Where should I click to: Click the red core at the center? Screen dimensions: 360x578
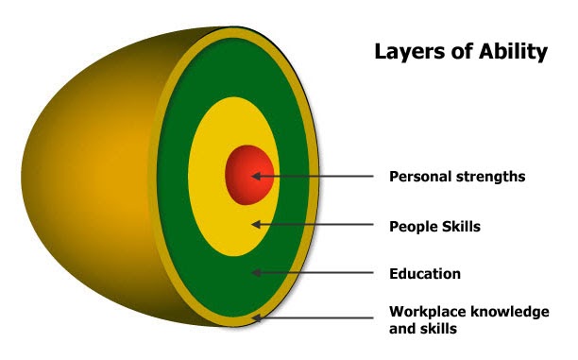[x=247, y=175]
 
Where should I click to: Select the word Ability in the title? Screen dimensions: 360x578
[x=516, y=53]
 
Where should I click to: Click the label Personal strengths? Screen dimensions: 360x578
[x=457, y=176]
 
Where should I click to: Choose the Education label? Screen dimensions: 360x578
[x=425, y=274]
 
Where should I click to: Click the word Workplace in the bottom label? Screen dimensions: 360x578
[x=427, y=312]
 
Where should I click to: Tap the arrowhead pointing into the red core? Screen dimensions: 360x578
[x=256, y=177]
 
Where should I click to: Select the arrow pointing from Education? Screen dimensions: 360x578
[x=316, y=273]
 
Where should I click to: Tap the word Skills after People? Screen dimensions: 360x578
[x=463, y=226]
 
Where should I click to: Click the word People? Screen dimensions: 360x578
[x=413, y=226]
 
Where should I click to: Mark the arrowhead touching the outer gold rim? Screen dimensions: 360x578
[x=258, y=320]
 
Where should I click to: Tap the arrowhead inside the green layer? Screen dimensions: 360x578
[x=256, y=273]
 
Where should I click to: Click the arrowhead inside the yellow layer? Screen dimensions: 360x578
[x=256, y=225]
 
